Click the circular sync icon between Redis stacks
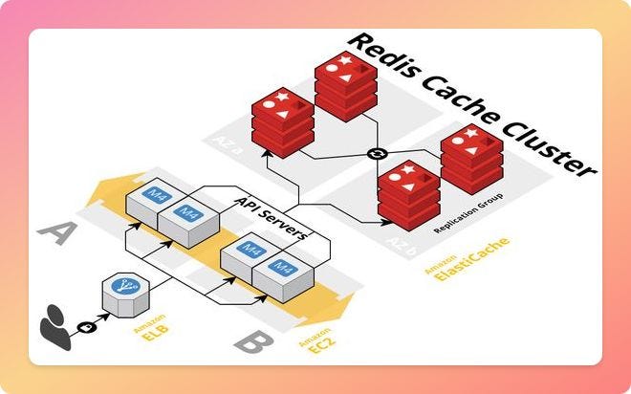[375, 155]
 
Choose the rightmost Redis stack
[469, 155]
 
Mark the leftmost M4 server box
[155, 200]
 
